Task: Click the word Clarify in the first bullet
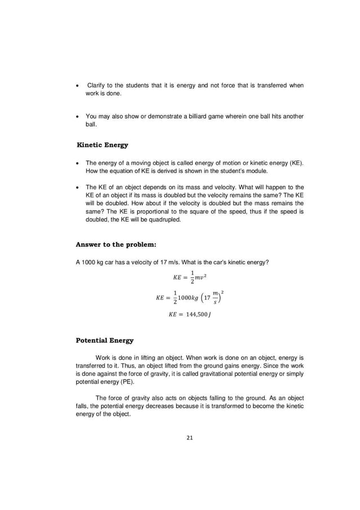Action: pos(97,85)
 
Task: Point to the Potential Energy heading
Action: pos(105,341)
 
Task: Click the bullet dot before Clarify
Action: pos(77,86)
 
